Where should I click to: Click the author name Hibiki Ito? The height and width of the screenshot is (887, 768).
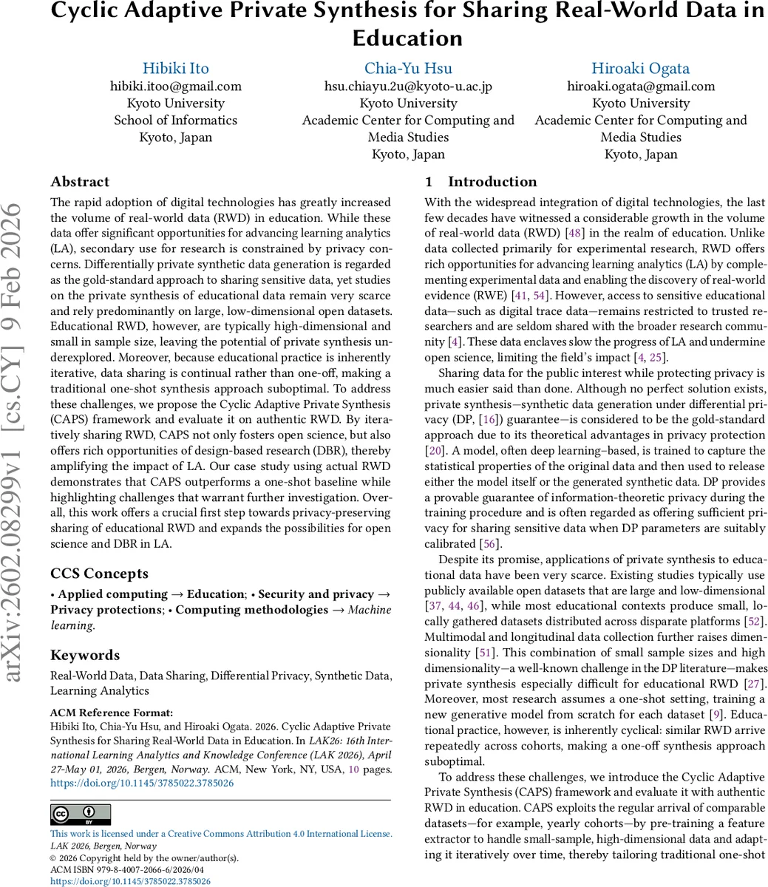click(175, 68)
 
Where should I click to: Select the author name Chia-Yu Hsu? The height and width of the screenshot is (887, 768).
click(408, 68)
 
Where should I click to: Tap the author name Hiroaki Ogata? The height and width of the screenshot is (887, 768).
click(640, 68)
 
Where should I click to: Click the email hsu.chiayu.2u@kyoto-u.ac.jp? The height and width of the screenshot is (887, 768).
click(408, 86)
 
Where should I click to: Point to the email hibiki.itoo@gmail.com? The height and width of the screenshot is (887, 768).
click(175, 86)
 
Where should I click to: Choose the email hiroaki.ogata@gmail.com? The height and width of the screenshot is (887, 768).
click(640, 86)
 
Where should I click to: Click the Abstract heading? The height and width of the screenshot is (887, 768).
click(80, 182)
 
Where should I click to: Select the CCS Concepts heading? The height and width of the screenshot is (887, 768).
click(99, 574)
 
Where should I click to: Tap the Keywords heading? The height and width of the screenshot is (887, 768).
click(84, 655)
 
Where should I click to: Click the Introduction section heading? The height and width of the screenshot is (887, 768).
click(492, 182)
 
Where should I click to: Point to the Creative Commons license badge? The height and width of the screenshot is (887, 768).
click(81, 815)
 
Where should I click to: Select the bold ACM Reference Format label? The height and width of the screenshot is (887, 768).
click(112, 713)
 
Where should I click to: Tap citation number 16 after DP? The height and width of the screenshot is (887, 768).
click(465, 420)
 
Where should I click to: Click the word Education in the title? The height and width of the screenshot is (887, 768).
click(407, 38)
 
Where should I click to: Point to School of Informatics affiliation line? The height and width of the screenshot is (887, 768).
click(175, 120)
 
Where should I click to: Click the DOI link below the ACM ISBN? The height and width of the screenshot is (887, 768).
click(130, 881)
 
